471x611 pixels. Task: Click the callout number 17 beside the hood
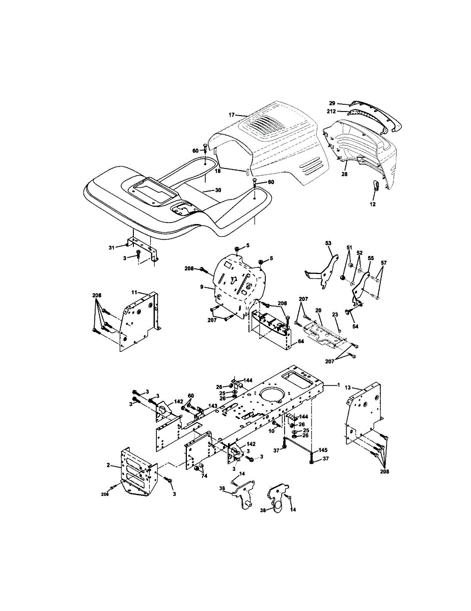tap(231, 115)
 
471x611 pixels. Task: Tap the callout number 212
tap(331, 112)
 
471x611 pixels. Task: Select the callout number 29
tap(332, 103)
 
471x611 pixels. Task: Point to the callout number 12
tap(373, 204)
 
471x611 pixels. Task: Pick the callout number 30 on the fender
tap(218, 190)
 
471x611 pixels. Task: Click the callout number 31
tap(112, 247)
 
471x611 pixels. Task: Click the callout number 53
tap(328, 243)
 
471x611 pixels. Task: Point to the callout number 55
tap(371, 258)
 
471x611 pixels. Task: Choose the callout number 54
tap(355, 326)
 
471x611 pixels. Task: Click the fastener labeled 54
tap(348, 311)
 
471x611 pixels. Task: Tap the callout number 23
tap(335, 315)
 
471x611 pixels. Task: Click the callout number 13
tap(348, 388)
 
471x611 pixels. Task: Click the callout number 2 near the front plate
tap(108, 465)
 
